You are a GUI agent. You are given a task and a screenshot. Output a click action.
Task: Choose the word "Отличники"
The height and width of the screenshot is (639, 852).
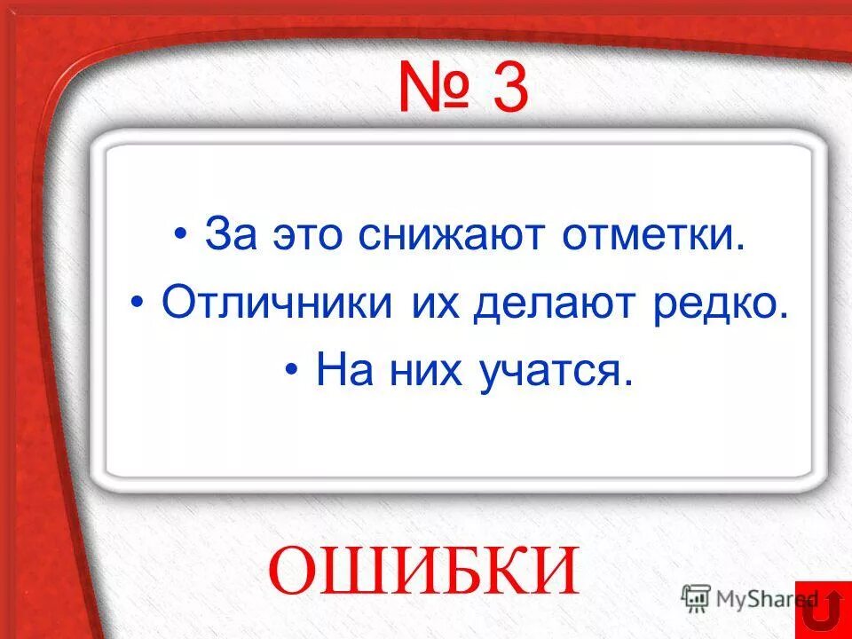click(x=278, y=304)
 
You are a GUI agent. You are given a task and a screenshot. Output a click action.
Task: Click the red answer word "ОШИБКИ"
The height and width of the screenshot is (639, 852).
click(x=424, y=570)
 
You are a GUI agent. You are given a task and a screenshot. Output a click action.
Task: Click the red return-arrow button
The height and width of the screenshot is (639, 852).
click(x=823, y=611)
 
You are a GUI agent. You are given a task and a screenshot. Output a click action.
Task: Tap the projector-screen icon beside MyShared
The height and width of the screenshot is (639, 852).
click(x=696, y=596)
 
